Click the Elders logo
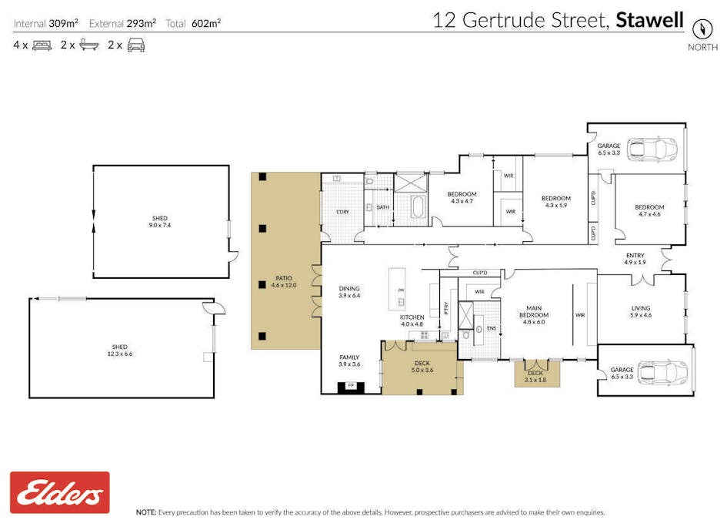[x=60, y=492]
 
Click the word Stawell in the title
[x=649, y=19]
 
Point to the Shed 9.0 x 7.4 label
[x=159, y=222]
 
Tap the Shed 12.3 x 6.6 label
[x=118, y=351]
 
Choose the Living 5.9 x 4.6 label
[x=640, y=311]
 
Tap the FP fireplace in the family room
[x=352, y=385]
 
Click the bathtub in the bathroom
[x=418, y=207]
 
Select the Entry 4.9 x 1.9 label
[x=635, y=259]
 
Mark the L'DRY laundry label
[x=343, y=212]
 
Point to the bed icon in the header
[x=42, y=45]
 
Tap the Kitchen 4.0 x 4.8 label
[x=412, y=320]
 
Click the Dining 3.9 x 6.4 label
[x=349, y=292]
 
